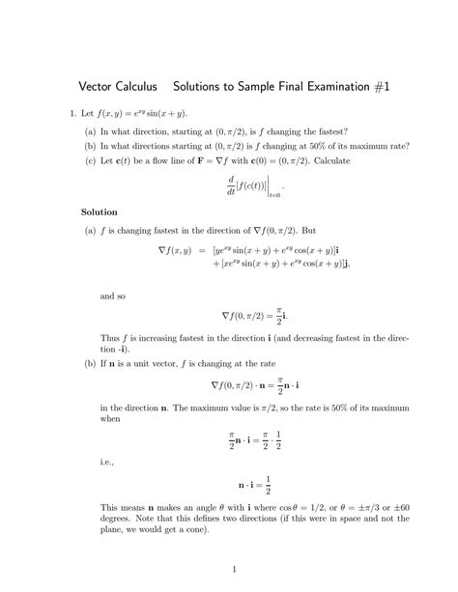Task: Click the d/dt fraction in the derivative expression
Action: (205, 183)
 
